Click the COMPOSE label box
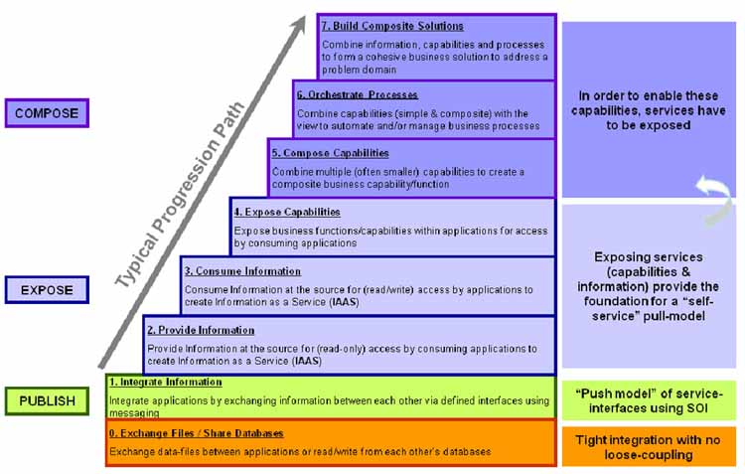coord(46,113)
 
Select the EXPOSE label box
coord(46,290)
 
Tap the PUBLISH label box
coord(47,401)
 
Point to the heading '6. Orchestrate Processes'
coord(356,95)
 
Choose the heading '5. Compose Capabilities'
coord(330,153)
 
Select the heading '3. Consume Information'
coord(242,271)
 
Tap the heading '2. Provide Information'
coord(201,330)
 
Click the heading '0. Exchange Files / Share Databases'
coord(196,433)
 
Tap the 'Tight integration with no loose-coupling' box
coord(649,446)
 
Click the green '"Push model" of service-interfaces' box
coord(649,401)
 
